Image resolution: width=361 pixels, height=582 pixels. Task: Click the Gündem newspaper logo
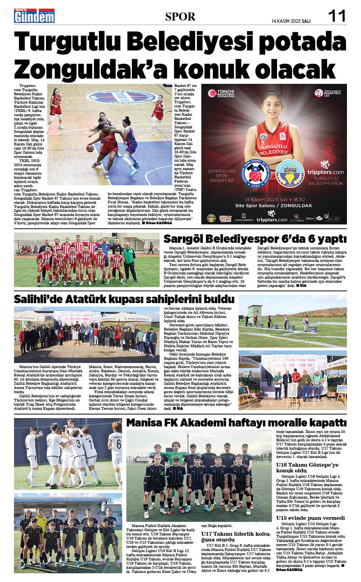point(34,16)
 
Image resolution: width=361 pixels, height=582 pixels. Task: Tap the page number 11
point(337,16)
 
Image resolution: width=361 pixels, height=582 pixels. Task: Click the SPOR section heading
point(180,17)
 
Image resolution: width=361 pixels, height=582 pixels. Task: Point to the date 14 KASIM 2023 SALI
point(291,21)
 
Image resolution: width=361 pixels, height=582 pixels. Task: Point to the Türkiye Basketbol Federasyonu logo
point(222,93)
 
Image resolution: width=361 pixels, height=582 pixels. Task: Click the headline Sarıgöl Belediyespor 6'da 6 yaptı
point(255,239)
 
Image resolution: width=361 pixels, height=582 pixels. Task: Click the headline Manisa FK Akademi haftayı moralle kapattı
point(236,423)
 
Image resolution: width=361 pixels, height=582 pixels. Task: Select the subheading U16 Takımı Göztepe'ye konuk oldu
point(307,467)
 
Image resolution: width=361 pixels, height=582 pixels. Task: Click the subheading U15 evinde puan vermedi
point(310,518)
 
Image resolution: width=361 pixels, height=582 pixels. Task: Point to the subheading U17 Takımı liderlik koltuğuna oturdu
point(236,536)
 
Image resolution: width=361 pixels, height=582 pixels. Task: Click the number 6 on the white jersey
point(119,444)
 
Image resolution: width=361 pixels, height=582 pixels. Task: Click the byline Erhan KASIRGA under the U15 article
point(289,569)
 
